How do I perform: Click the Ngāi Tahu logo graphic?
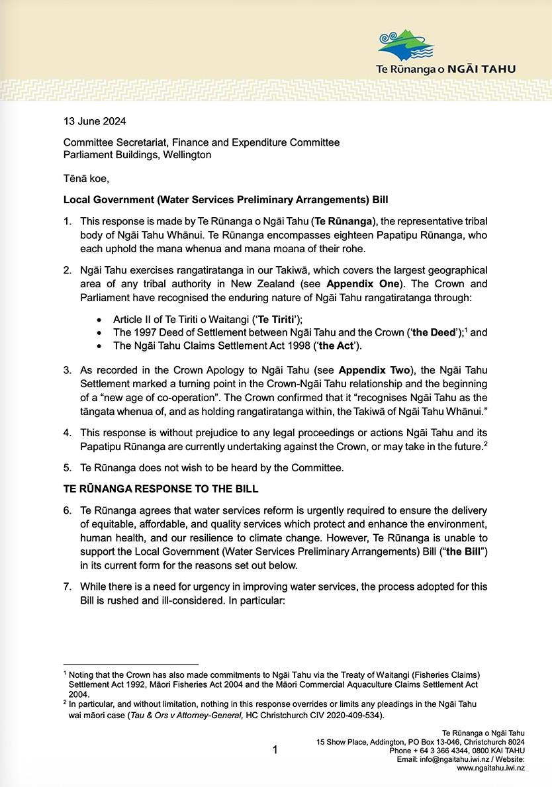point(406,45)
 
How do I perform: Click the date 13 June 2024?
point(94,122)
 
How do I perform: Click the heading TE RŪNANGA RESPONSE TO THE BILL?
point(161,489)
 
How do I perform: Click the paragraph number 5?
point(67,469)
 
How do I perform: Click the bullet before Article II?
point(99,318)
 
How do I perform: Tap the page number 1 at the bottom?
point(275,750)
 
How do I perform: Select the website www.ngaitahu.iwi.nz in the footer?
point(490,768)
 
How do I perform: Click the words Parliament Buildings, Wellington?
point(138,155)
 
